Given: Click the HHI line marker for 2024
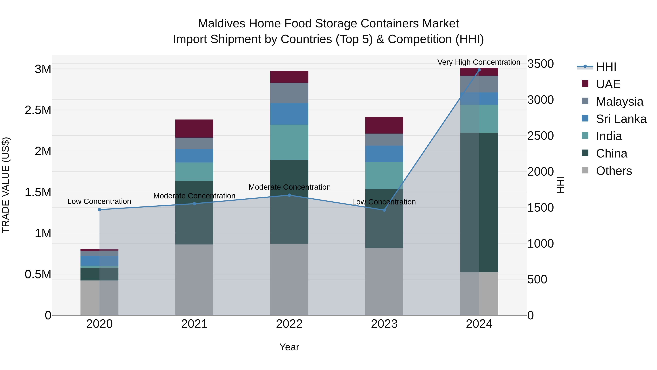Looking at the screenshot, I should click(479, 70).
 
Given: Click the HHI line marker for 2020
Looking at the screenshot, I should click(99, 210).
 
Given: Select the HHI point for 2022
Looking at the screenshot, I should click(289, 195).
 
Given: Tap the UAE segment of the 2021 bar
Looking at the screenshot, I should click(194, 128).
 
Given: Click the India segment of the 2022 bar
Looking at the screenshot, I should click(289, 142).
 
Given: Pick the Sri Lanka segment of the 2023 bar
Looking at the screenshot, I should click(384, 154).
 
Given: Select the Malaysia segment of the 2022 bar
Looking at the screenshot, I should click(289, 93).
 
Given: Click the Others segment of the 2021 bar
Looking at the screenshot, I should click(194, 280).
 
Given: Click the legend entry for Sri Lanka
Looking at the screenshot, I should click(621, 119).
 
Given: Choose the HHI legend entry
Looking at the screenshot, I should click(606, 67).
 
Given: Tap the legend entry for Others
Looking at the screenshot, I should click(614, 171).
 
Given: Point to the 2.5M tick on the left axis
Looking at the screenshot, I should click(38, 110).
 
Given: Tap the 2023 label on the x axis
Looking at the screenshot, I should click(384, 324).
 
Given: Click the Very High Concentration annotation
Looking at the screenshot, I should click(479, 62).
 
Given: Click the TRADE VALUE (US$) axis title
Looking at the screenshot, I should click(6, 185).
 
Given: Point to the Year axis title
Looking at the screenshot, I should click(289, 347).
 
